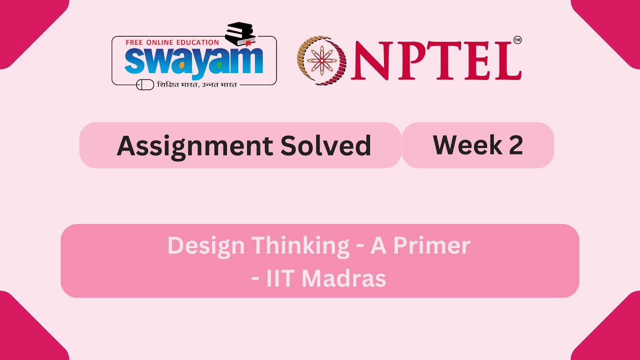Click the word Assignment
click(x=194, y=145)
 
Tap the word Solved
click(x=325, y=145)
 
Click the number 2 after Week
click(x=516, y=144)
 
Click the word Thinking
click(x=300, y=245)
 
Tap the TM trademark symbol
click(x=517, y=40)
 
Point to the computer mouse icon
click(x=145, y=85)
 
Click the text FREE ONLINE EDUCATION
click(x=172, y=42)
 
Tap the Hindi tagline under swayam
click(x=196, y=84)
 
